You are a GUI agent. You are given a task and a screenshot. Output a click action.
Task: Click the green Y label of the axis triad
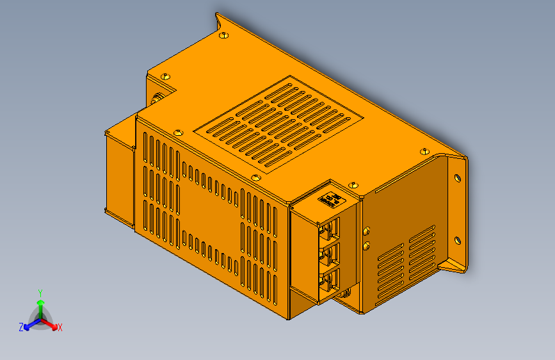[40, 292]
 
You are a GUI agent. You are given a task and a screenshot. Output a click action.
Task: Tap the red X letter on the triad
[60, 328]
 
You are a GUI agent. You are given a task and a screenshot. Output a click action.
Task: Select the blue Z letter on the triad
[21, 327]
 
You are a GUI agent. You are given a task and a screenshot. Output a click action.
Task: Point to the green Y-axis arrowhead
[40, 302]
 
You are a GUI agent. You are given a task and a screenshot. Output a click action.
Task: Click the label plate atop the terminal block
[331, 200]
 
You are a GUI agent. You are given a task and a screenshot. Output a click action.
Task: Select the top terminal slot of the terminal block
[331, 228]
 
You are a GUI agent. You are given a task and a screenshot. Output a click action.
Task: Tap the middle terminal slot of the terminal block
[331, 255]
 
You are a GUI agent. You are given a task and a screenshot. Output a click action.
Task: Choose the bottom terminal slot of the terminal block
[331, 281]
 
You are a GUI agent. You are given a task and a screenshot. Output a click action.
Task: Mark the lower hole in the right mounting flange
[457, 241]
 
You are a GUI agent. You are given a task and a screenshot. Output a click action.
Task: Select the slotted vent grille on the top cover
[279, 126]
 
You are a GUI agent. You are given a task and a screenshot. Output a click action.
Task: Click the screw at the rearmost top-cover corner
[223, 35]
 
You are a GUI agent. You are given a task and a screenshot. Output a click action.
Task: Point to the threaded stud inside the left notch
[157, 99]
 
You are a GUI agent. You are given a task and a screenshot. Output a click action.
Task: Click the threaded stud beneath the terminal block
[346, 294]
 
